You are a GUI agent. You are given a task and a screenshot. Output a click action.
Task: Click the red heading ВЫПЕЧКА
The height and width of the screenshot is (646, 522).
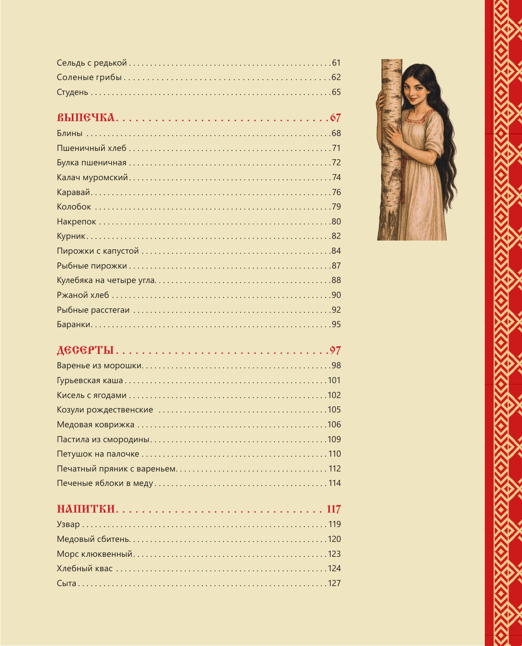[x=86, y=118]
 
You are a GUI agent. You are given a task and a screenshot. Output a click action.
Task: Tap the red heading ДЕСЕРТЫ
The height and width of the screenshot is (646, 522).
[x=85, y=350]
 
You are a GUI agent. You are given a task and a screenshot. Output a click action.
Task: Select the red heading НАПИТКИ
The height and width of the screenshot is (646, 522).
[x=86, y=509]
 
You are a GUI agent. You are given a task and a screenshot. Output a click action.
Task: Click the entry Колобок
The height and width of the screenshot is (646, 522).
[x=74, y=207]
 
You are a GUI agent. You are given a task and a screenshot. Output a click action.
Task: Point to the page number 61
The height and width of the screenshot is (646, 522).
[x=336, y=63]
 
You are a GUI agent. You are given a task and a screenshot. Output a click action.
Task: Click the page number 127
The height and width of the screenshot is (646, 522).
[x=334, y=583]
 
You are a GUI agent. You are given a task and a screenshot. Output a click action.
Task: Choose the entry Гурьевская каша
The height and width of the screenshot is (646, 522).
[x=90, y=381]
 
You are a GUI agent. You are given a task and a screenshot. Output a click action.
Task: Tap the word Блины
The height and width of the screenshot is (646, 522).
[x=70, y=133]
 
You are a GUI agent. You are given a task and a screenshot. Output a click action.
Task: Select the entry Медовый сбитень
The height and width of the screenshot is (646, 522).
[x=93, y=539]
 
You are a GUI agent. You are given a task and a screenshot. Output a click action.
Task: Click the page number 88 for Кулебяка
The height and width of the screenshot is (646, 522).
[x=336, y=280]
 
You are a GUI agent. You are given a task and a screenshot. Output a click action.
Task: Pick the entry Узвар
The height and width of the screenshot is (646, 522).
[x=68, y=524]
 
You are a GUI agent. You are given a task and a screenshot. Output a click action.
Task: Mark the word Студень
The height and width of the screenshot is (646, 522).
[x=73, y=92]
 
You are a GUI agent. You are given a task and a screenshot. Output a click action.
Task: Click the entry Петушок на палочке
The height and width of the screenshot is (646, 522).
[x=98, y=454]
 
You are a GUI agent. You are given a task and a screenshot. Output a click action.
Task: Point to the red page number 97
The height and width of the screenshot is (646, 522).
[x=335, y=350]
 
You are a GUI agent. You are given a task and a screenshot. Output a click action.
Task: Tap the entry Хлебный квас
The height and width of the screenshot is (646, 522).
[x=85, y=569]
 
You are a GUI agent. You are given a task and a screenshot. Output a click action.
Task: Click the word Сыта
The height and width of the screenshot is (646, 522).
[x=67, y=583]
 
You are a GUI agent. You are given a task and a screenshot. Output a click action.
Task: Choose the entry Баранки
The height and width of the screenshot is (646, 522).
[x=74, y=325]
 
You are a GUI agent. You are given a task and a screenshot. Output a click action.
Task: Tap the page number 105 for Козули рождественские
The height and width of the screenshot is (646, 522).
[x=334, y=410]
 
